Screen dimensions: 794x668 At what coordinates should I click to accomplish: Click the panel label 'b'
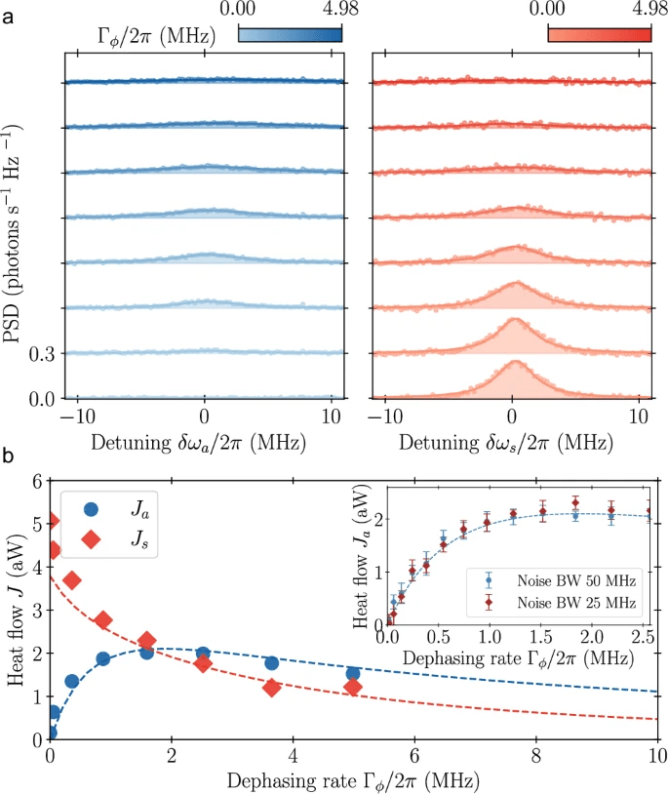tap(9, 456)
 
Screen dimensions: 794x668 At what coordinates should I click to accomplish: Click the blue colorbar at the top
tap(291, 34)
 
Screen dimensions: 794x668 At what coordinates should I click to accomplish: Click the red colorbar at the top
tap(599, 34)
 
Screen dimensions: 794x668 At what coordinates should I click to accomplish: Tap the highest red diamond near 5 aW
tap(51, 521)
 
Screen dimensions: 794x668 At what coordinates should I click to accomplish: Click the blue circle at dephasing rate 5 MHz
tap(353, 674)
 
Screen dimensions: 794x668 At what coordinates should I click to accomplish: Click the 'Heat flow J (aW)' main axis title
tap(17, 611)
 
